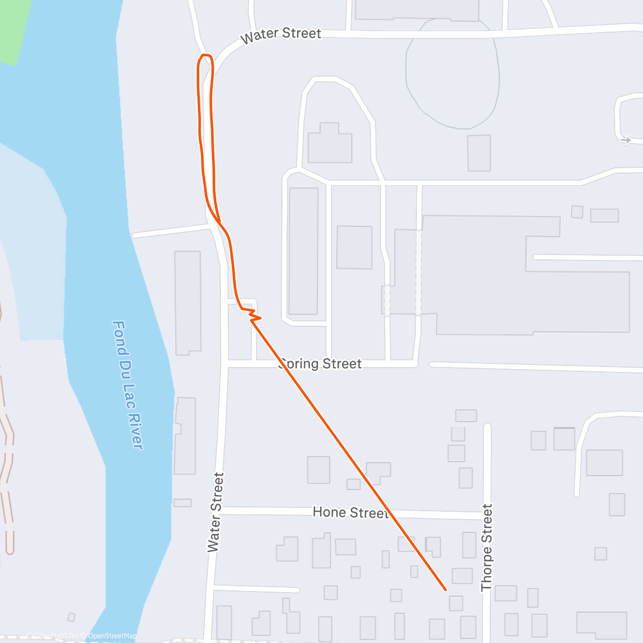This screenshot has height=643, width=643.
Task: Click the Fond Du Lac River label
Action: [128, 385]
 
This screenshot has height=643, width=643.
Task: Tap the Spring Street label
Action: [320, 364]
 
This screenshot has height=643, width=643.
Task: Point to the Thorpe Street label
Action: [487, 548]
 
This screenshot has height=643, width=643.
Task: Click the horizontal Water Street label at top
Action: [281, 35]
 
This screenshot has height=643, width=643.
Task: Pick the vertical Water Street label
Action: [214, 512]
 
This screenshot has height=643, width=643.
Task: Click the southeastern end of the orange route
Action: [446, 590]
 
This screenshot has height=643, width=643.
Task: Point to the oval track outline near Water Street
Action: [453, 75]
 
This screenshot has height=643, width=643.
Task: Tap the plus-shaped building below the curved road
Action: [330, 144]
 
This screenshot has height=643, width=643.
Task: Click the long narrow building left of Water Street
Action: [188, 303]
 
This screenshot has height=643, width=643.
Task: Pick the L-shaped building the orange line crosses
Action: [378, 472]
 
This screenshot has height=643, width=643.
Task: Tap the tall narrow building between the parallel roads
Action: [303, 251]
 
